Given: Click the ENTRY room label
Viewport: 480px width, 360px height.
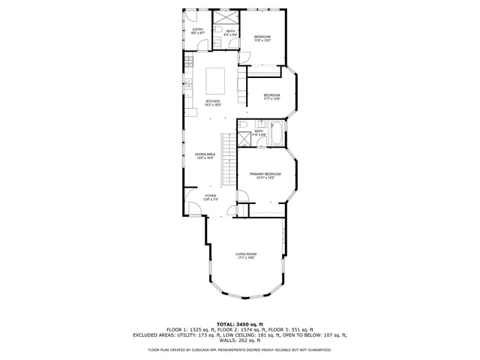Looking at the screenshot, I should click(198, 31).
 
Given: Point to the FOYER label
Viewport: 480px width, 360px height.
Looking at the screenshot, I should click(210, 197).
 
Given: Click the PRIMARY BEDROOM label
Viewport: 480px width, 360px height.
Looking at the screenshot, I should click(265, 175).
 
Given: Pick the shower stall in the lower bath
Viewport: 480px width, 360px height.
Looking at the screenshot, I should click(244, 139).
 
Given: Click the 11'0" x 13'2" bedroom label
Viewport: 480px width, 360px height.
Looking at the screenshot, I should click(262, 39).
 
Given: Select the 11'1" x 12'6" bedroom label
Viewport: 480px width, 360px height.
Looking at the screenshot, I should click(271, 97).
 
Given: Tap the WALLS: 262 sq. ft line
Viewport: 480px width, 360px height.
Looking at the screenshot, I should click(240, 340).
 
